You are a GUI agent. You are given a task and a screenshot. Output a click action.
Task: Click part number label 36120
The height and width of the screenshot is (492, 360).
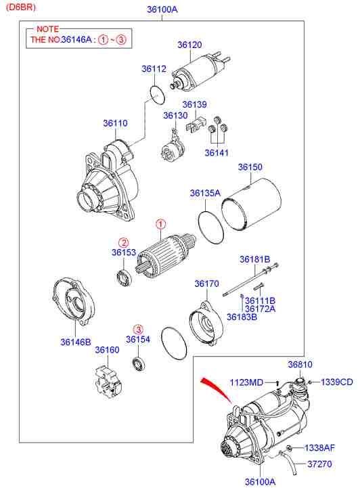point(189,45)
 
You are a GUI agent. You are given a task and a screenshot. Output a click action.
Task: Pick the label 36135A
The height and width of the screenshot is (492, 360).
point(205,193)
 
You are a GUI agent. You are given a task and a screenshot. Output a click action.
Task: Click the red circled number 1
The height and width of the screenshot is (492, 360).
point(160,223)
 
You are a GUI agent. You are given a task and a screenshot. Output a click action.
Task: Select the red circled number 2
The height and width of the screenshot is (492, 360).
point(123,242)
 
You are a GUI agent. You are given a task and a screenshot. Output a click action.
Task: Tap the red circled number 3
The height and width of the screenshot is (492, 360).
point(137,328)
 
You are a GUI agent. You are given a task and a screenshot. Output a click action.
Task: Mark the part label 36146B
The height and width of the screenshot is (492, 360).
point(75,342)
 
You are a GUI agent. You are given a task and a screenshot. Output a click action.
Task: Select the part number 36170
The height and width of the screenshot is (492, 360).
point(206,284)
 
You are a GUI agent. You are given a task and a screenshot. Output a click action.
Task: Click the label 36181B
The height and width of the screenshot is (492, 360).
point(254,259)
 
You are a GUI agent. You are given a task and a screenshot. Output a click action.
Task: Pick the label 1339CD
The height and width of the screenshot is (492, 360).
point(336,382)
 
